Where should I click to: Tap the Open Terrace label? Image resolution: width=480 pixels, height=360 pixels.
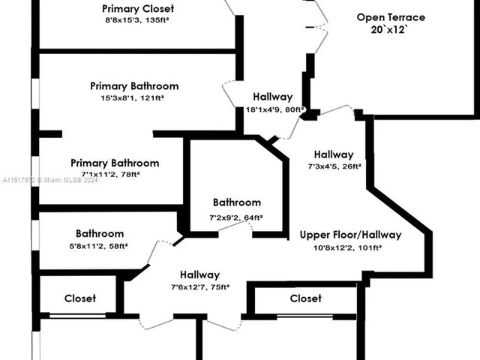tap(391, 17)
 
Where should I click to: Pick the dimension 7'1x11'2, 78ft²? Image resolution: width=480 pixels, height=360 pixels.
tap(114, 174)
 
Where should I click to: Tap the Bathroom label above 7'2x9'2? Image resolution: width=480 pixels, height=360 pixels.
tap(237, 202)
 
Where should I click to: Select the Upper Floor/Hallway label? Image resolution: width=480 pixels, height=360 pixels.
tap(351, 235)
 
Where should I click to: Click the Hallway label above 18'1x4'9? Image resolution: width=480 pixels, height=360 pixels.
tap(272, 97)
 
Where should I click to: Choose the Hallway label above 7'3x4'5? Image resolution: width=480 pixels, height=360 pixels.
tap(334, 154)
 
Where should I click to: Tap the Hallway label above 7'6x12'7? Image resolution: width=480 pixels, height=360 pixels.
tap(199, 274)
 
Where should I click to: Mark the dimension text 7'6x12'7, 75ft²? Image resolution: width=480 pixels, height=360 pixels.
tap(199, 286)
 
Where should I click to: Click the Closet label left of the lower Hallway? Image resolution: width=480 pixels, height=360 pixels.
tap(80, 298)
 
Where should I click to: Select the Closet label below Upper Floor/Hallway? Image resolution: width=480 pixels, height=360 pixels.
tap(306, 298)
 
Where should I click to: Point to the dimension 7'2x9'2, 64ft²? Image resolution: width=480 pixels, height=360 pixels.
tap(236, 217)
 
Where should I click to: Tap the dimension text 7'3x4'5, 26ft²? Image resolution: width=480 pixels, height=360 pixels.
tap(334, 166)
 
